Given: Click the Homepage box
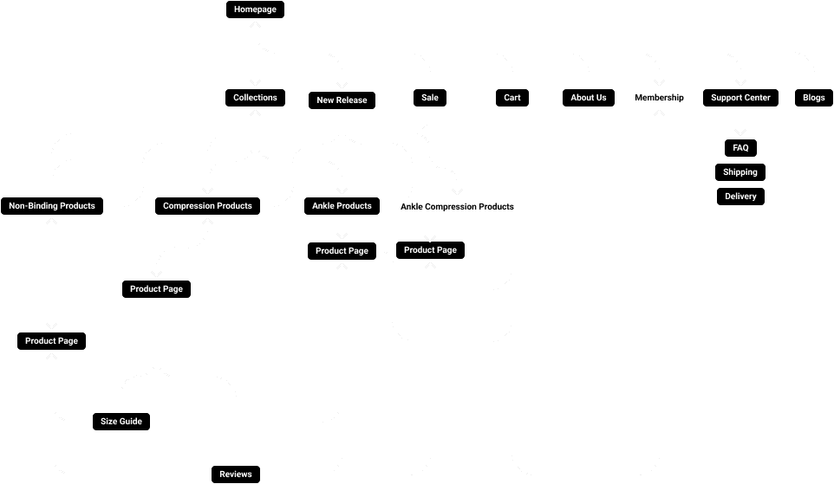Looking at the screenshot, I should [x=255, y=10].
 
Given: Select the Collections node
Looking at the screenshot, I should [x=255, y=98].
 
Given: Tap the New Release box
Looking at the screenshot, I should [x=342, y=100].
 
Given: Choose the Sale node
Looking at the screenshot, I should [x=430, y=98].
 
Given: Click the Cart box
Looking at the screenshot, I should [x=512, y=98].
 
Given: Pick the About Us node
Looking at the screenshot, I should [x=589, y=98].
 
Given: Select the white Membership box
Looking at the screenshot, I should [x=659, y=98].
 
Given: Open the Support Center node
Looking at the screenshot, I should [x=740, y=98].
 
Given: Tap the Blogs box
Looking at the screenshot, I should [x=813, y=98].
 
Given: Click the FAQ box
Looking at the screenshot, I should [x=740, y=148].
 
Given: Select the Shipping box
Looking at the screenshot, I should [x=740, y=172].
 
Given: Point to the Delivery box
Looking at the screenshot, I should [x=740, y=197].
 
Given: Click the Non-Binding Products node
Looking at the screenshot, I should [x=52, y=206].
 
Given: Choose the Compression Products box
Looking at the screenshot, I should [x=207, y=206].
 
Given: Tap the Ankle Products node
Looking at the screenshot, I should [x=342, y=206].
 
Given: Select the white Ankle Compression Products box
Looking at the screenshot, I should [x=457, y=207].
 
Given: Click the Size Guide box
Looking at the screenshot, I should [x=121, y=422].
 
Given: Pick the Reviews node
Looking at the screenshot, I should [x=235, y=474].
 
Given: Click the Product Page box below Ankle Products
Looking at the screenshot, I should [x=342, y=251].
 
